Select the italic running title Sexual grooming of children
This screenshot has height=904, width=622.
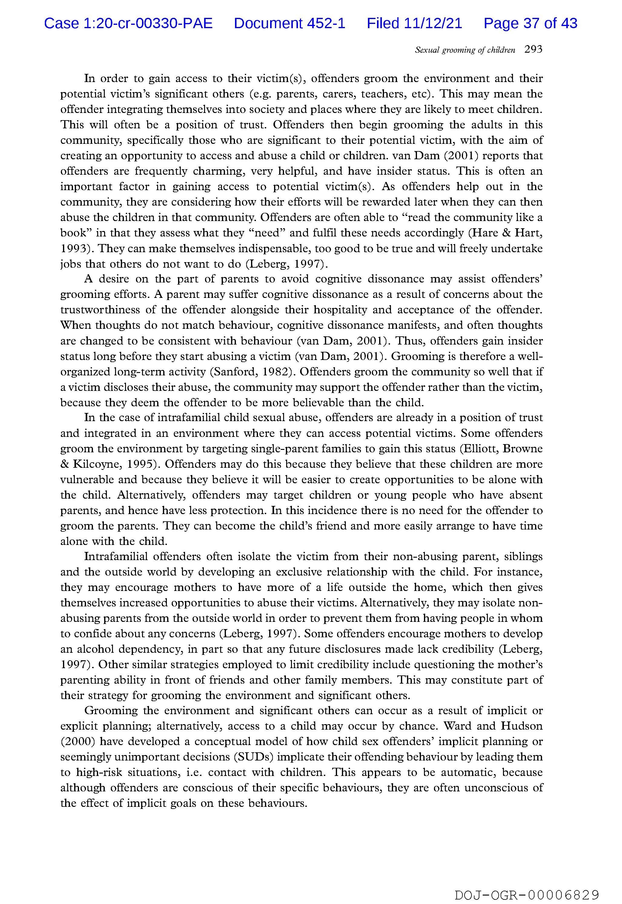[x=465, y=50]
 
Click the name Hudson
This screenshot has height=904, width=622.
[x=521, y=726]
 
